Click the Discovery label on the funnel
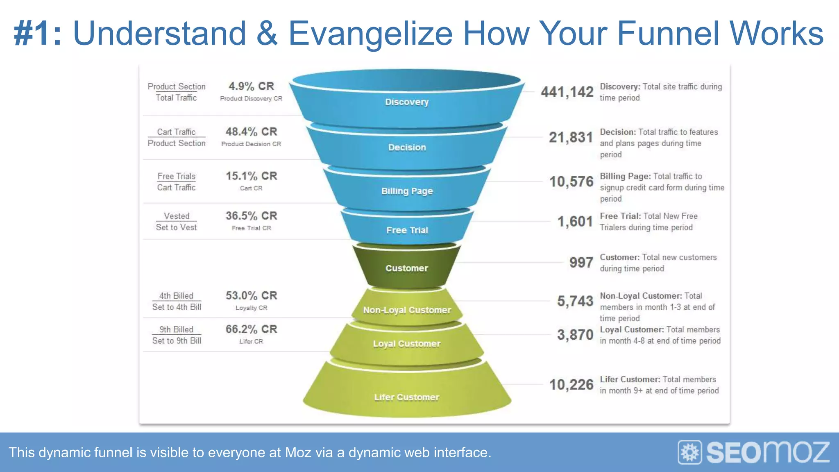point(406,102)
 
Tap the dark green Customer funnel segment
point(406,268)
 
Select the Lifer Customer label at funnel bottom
point(406,397)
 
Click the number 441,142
point(567,92)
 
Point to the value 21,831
point(571,137)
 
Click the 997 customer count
point(581,262)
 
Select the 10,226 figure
point(571,384)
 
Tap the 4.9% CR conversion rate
point(251,86)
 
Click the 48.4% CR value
point(251,132)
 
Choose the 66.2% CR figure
point(251,329)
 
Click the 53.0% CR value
point(251,295)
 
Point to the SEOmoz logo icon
point(690,452)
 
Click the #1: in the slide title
point(38,34)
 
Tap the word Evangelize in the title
point(370,34)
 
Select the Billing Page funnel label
point(407,191)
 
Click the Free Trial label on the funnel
point(407,230)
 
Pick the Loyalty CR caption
point(251,308)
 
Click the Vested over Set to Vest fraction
point(177,222)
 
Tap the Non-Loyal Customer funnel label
point(407,310)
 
